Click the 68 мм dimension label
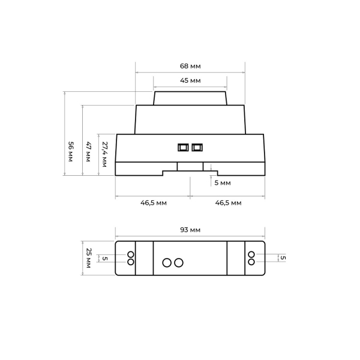pos(190,66)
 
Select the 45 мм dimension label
pos(190,80)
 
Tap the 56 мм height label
pos(71,152)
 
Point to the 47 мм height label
pos(88,152)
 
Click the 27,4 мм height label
pos(104,154)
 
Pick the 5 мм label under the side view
pos(223,183)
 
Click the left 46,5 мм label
pos(154,203)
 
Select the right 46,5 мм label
pos(228,203)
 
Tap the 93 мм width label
pos(190,230)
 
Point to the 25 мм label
pos(88,258)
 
